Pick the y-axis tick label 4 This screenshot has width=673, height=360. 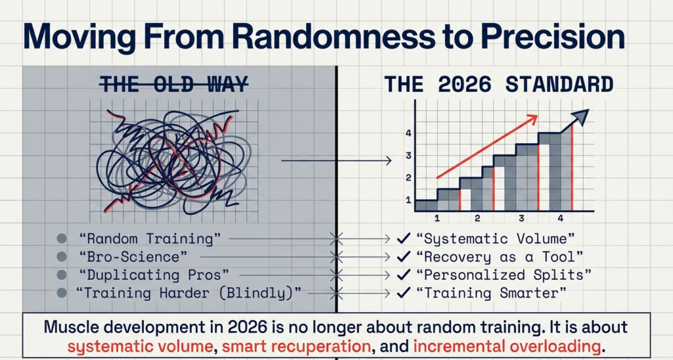click(408, 133)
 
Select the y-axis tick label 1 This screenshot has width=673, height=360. click(408, 200)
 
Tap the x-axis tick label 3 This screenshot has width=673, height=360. click(521, 218)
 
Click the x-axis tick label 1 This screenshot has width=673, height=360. click(436, 218)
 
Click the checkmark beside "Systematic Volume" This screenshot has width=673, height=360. click(404, 239)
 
